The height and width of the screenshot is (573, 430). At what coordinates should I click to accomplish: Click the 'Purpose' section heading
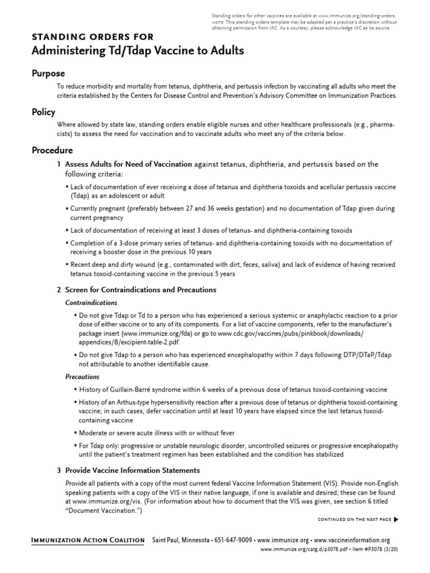click(48, 74)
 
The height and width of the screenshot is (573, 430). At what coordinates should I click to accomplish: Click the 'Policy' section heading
click(43, 112)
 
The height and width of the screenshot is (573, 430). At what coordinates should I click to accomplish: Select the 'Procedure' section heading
click(52, 150)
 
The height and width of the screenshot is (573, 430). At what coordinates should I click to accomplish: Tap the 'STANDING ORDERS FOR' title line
click(92, 37)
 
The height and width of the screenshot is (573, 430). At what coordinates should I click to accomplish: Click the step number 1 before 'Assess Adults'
click(59, 165)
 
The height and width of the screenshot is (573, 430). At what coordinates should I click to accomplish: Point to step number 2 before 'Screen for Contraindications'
click(59, 290)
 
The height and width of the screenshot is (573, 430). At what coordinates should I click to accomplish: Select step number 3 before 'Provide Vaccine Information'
click(59, 471)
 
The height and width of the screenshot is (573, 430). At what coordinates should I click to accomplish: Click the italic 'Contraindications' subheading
click(90, 303)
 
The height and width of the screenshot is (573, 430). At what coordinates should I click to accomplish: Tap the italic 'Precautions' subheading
click(82, 377)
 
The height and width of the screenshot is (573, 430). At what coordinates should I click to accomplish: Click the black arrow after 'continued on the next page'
click(397, 520)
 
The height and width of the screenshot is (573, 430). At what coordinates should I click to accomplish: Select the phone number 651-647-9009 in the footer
click(231, 540)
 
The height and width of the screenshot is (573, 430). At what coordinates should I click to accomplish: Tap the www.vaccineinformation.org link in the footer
click(352, 540)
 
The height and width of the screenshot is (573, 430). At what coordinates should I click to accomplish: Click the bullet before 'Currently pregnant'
click(67, 209)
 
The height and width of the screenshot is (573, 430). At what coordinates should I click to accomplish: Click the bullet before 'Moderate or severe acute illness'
click(75, 433)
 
